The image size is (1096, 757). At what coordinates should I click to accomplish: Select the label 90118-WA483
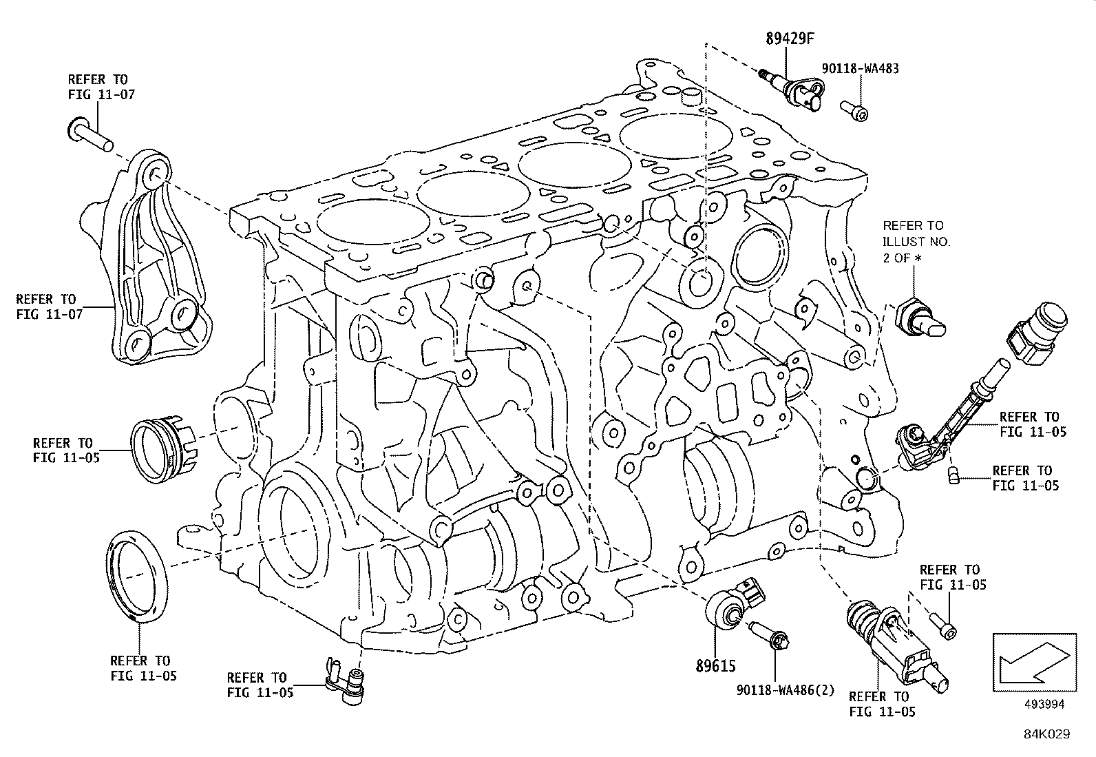tap(861, 69)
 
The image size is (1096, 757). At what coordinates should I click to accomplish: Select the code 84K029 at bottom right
tap(1046, 735)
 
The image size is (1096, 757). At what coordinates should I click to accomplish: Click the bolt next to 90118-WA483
tap(854, 109)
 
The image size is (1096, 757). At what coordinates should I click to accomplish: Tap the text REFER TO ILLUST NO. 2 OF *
tap(916, 241)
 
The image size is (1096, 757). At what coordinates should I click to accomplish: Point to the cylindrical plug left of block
tap(164, 449)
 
